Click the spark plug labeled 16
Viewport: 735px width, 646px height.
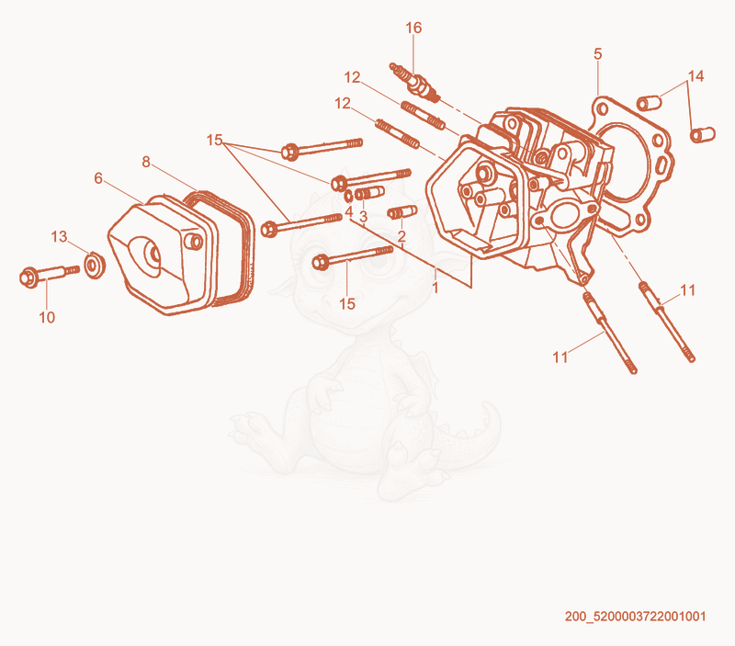(415, 82)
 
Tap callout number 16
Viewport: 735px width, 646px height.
(413, 28)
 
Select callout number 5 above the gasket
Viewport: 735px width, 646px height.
(598, 54)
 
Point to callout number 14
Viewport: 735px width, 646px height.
(696, 76)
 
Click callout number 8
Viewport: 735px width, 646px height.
(146, 162)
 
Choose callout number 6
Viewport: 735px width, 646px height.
(98, 178)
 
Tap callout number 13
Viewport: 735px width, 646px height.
(59, 237)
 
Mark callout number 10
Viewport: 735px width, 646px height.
(47, 317)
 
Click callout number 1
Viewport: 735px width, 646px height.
(435, 288)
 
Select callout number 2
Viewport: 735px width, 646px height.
(401, 237)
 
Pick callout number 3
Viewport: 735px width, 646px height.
(363, 217)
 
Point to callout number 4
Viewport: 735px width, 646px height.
(349, 212)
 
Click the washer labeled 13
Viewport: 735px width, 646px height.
(95, 265)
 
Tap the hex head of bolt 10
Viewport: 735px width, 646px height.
(29, 278)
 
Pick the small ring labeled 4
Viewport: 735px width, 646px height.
(349, 196)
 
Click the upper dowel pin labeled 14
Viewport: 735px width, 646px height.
(649, 102)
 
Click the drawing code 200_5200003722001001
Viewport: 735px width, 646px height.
(635, 616)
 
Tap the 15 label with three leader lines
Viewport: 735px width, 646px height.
(214, 140)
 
